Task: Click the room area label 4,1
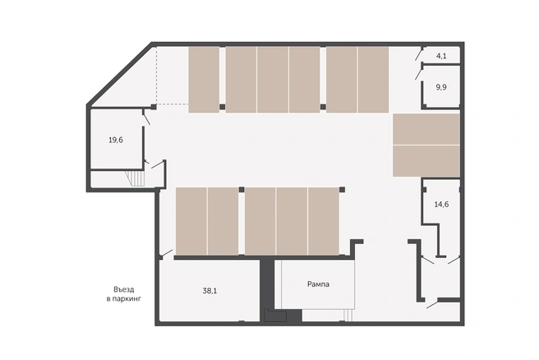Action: [x=441, y=56]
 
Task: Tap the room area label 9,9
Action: [x=441, y=87]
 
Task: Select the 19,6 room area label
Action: [x=116, y=140]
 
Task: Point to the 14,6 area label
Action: [x=441, y=204]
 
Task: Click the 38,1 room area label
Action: [x=210, y=291]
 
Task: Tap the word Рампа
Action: [x=318, y=284]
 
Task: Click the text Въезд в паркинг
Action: [x=124, y=294]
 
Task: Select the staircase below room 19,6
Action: [x=135, y=178]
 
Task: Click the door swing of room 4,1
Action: [x=419, y=54]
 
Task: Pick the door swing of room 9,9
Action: [x=419, y=74]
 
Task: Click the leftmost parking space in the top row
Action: [x=204, y=80]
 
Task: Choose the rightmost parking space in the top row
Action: [x=373, y=80]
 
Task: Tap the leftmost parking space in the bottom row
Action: [x=191, y=221]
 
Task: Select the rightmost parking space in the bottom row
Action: [x=324, y=221]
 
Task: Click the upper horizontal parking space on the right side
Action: [x=426, y=129]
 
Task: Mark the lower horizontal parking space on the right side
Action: [x=426, y=161]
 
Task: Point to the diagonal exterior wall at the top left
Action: [x=119, y=74]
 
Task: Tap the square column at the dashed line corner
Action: [x=154, y=107]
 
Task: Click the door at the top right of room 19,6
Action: [x=146, y=118]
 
